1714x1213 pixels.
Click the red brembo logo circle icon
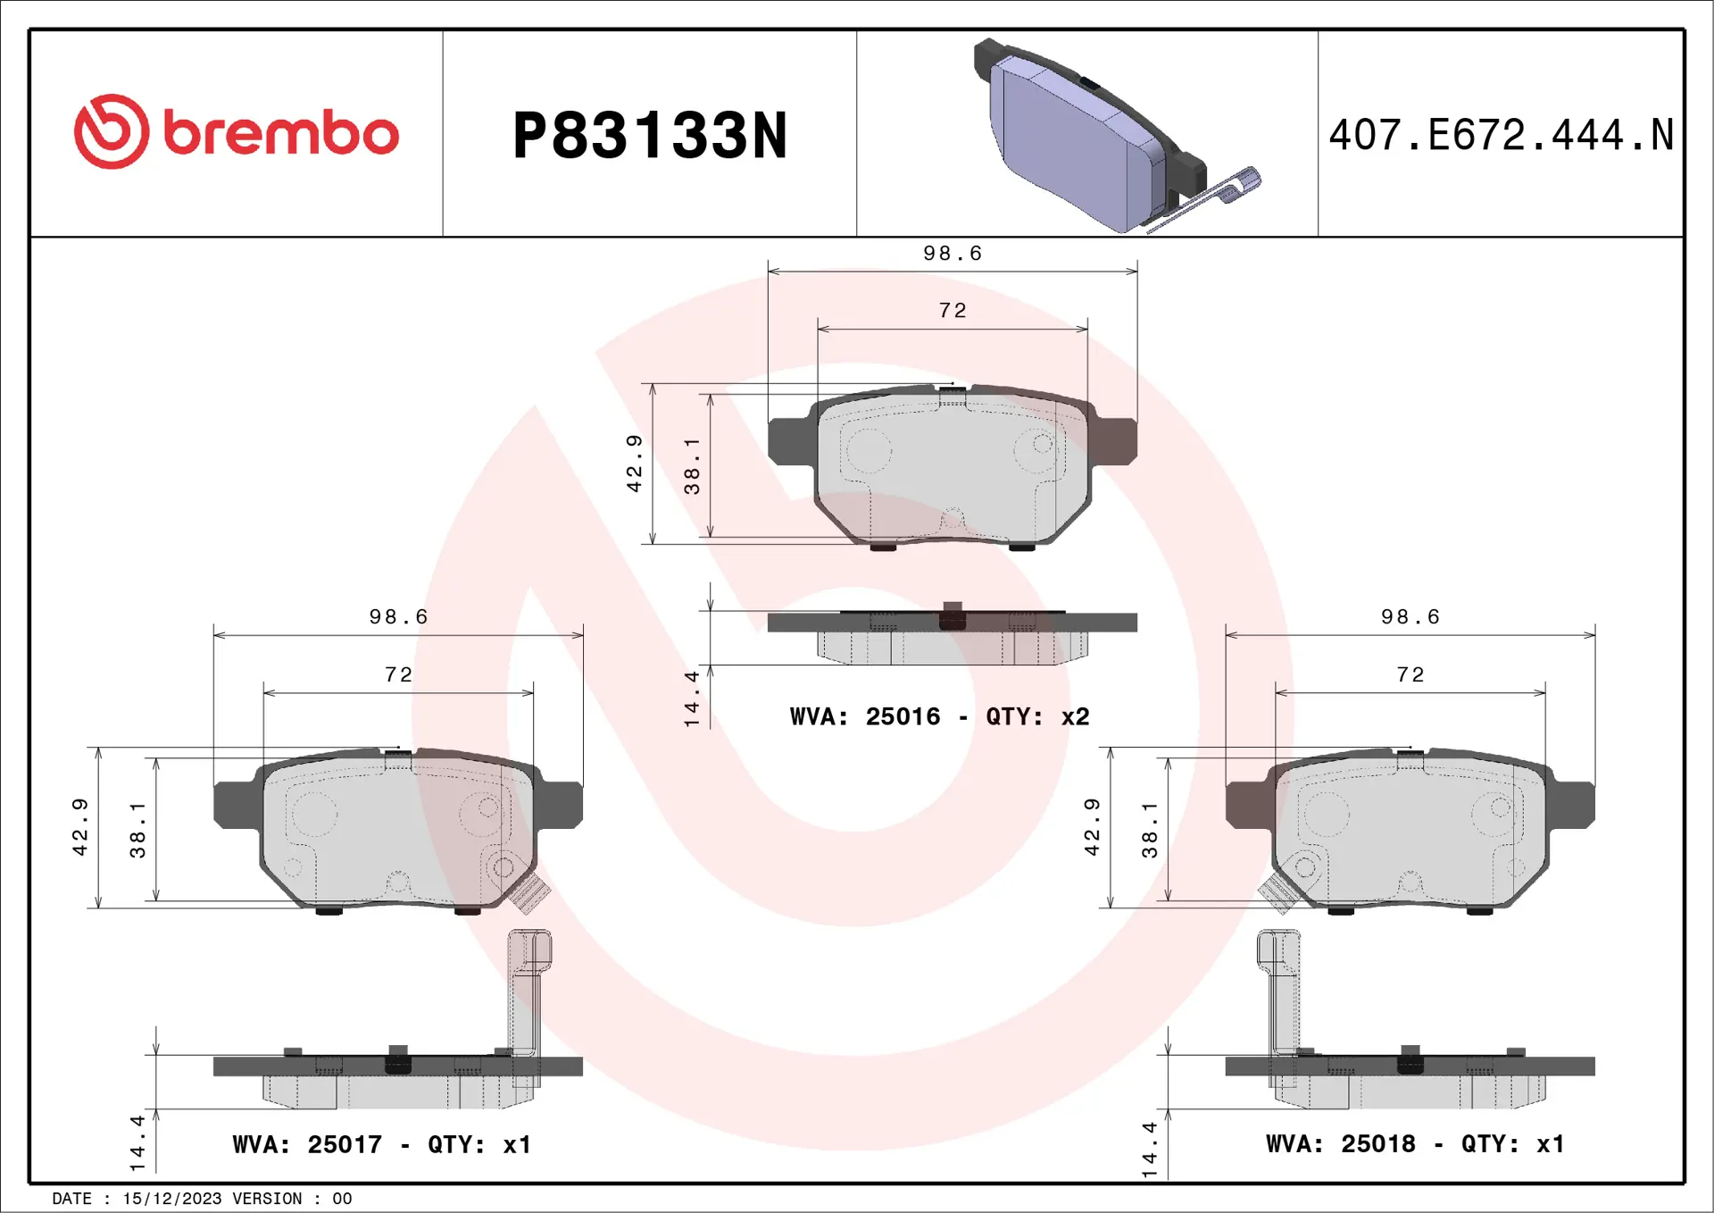[x=111, y=131]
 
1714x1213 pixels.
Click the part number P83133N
[x=650, y=136]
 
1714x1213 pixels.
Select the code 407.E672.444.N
[x=1501, y=136]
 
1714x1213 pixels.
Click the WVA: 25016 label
[x=864, y=716]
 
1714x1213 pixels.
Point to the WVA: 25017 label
[x=306, y=1144]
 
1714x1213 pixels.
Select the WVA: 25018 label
[x=1340, y=1143]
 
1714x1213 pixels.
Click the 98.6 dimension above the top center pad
[x=952, y=254]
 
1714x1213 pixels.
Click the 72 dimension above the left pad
[x=398, y=674]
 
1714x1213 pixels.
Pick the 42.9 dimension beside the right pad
[x=1092, y=827]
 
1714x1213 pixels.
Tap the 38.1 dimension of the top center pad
[x=692, y=465]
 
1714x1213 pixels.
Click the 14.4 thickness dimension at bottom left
[x=137, y=1142]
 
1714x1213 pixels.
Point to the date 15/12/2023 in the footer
[x=171, y=1199]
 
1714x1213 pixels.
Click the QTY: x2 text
[x=1037, y=716]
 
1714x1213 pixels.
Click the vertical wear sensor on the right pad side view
[x=1280, y=991]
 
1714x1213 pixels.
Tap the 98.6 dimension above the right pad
[x=1410, y=617]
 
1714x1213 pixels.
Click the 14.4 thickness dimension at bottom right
[x=1150, y=1149]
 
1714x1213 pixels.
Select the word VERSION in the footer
[x=267, y=1199]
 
